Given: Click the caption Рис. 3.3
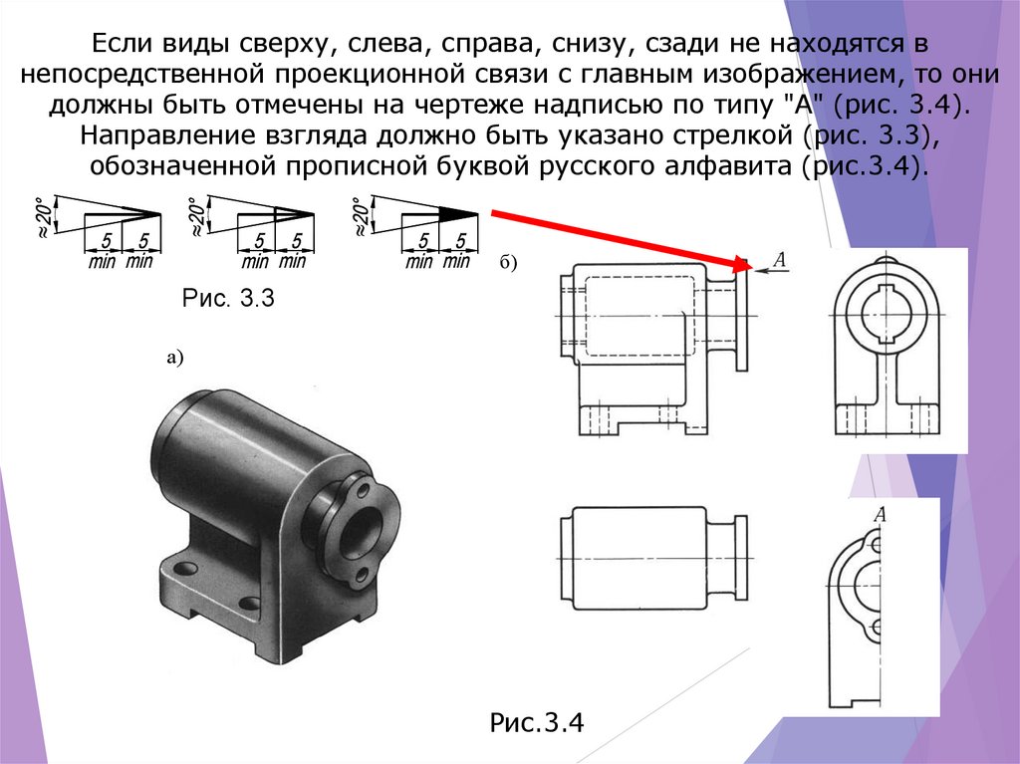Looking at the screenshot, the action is coord(228,298).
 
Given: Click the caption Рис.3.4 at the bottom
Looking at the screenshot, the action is coord(537,722).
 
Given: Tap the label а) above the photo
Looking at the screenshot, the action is coord(175,358).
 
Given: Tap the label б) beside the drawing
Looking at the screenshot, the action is coord(508,263).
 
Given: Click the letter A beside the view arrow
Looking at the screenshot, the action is coord(779,260).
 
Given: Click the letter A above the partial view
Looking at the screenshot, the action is coord(880,514).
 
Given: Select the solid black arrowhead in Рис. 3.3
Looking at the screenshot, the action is coord(458,213).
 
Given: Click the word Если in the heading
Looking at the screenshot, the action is coord(122,44).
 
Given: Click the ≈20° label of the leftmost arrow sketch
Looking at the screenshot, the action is coord(44,217).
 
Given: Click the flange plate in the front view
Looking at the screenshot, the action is coord(742,317).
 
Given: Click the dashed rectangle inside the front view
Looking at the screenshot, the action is coord(639,317).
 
